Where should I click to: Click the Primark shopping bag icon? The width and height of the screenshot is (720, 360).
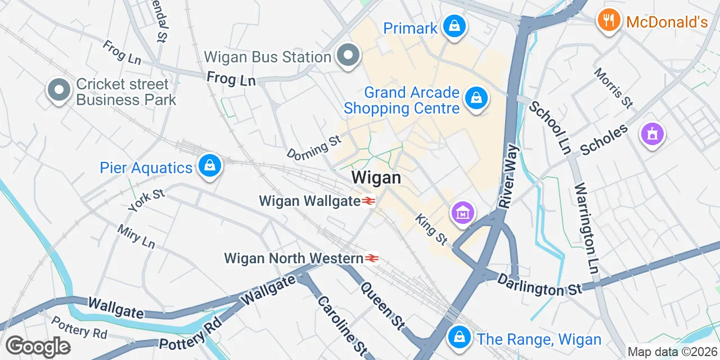tap(453, 26)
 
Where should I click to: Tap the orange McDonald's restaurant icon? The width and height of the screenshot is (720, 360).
tap(607, 21)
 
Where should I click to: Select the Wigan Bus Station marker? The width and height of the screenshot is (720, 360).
tap(348, 56)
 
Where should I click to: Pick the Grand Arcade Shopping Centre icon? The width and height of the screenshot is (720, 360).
tap(476, 99)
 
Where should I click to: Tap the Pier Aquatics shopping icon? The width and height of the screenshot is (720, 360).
tap(209, 166)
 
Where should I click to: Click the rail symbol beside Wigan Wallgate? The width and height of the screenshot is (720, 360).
tap(368, 201)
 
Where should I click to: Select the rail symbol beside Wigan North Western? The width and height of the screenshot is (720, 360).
tap(371, 258)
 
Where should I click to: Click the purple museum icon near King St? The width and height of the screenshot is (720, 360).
tap(462, 213)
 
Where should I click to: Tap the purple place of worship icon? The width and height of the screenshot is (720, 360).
tap(652, 134)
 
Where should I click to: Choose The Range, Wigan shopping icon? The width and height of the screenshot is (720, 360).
tap(460, 337)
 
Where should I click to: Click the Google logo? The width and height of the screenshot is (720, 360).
tap(38, 346)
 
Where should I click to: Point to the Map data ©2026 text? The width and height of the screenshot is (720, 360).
tap(672, 352)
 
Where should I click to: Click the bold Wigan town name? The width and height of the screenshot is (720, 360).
tap(376, 178)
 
